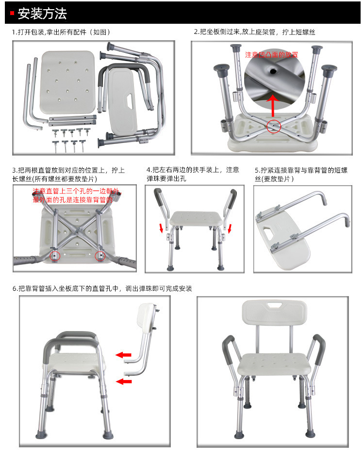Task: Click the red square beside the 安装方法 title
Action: [x=12, y=13]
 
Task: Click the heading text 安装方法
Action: [x=42, y=13]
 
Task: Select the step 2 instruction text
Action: [x=255, y=32]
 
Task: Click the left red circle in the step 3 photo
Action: [x=54, y=255]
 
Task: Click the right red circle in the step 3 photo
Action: [x=101, y=255]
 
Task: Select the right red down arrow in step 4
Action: [x=230, y=228]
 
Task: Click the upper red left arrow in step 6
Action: [x=123, y=355]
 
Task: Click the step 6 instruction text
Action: [x=102, y=289]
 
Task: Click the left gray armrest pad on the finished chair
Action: [x=226, y=347]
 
